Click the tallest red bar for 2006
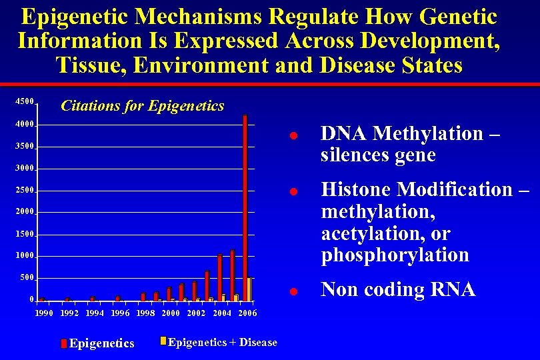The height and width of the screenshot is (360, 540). tap(245, 207)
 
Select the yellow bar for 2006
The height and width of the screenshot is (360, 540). tap(249, 289)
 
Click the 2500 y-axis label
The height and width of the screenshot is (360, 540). tap(25, 191)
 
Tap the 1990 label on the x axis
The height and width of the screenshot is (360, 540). tap(44, 313)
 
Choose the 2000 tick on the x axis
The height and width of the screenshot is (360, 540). tap(171, 313)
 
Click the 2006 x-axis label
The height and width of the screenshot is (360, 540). tap(247, 313)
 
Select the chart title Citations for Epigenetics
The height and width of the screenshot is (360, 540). tap(142, 105)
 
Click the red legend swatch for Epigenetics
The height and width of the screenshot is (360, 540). tap(64, 343)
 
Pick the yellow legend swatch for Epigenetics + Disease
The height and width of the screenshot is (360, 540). tap(162, 341)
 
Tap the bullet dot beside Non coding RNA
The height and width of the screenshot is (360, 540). tap(292, 292)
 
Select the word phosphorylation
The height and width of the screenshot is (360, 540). tap(395, 255)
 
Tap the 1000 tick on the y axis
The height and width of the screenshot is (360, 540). tap(25, 256)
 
